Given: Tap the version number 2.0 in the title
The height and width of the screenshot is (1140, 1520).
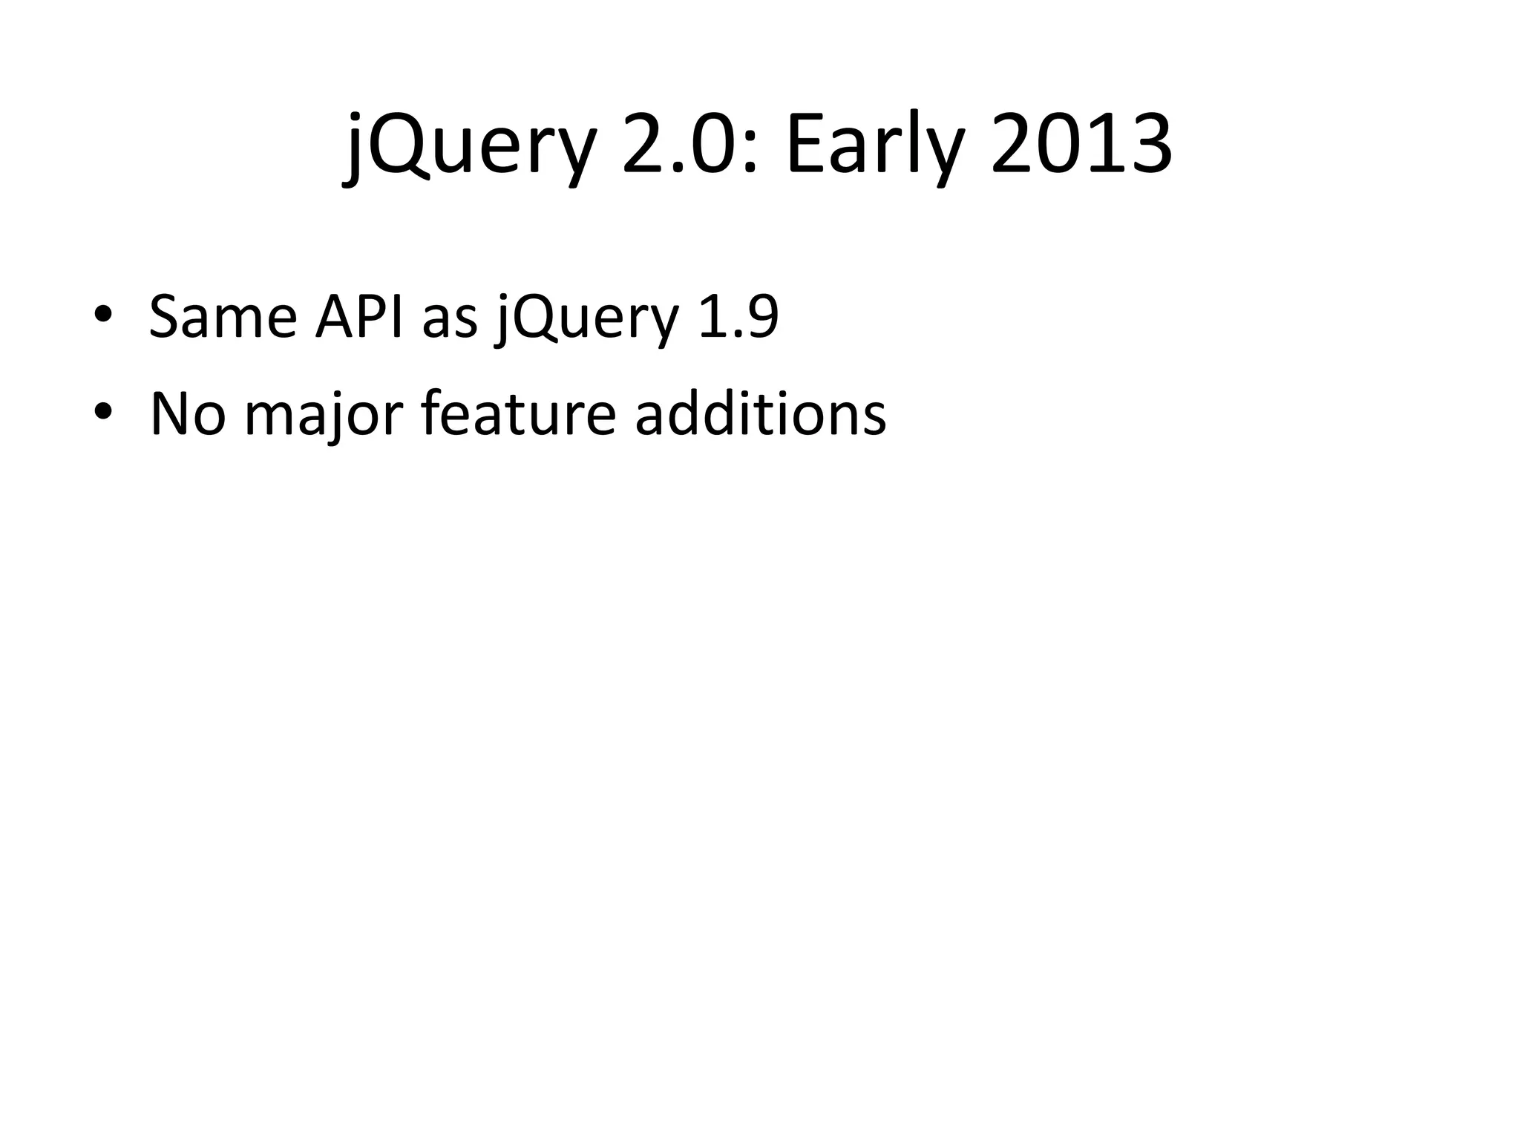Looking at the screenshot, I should (681, 145).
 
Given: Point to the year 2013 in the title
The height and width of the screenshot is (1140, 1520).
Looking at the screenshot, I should (1081, 145).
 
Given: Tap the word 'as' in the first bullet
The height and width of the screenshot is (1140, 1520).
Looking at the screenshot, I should (449, 321).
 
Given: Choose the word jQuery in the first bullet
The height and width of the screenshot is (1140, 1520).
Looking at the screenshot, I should (587, 319).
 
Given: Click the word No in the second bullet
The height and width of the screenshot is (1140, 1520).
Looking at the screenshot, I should (187, 413).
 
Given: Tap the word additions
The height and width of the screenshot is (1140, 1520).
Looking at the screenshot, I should (760, 413).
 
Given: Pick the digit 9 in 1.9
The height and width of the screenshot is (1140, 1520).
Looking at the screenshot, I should (761, 317).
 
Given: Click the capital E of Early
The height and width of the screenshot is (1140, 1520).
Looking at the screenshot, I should (805, 145).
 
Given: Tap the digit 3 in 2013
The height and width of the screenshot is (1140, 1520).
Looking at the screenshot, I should (1147, 145).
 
